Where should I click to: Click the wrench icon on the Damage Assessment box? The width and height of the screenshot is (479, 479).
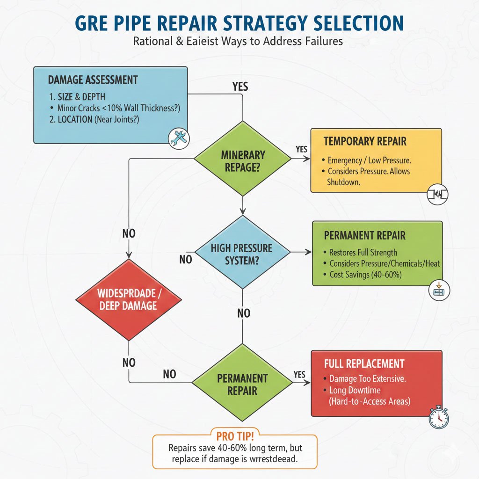(178, 138)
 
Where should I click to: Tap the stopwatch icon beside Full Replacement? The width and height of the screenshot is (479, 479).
(438, 417)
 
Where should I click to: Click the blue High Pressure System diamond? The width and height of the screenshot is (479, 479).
(242, 254)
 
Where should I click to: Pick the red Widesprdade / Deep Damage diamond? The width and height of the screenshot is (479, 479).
(128, 299)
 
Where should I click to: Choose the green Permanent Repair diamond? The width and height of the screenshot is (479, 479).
(242, 384)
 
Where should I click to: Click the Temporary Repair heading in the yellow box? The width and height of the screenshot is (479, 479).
(365, 141)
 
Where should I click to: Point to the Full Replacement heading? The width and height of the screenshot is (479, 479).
(364, 363)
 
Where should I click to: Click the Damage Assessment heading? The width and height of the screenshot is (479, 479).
(93, 80)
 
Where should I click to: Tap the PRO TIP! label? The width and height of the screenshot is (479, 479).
(235, 436)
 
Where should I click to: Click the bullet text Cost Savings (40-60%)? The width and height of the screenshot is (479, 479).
(366, 275)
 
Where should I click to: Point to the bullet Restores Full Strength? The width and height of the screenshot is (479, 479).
(363, 252)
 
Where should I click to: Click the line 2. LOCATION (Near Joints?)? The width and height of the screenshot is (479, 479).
(97, 119)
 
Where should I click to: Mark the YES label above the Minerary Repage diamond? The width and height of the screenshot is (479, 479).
(240, 87)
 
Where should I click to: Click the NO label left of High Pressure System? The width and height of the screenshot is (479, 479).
(186, 259)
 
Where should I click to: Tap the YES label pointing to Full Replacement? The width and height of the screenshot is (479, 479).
(299, 374)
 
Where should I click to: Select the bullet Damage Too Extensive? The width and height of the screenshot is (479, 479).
(367, 378)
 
